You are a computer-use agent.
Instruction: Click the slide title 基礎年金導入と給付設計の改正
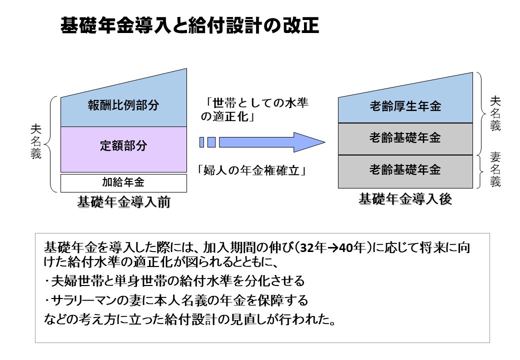(x=189, y=25)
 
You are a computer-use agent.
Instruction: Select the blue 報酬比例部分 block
(x=123, y=103)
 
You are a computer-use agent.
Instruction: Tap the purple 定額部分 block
(x=123, y=149)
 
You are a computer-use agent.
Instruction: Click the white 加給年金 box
(x=123, y=183)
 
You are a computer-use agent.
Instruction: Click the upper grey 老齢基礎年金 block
(x=405, y=139)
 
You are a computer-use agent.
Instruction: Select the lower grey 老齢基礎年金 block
(x=405, y=171)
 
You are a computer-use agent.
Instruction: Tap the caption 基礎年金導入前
(x=123, y=202)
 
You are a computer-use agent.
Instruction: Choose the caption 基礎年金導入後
(x=405, y=199)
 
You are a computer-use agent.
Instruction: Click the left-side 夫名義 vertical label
(x=36, y=141)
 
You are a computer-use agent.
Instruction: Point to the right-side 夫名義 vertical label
(x=495, y=113)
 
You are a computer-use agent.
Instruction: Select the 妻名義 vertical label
(x=495, y=169)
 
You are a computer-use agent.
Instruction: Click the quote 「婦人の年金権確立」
(x=251, y=170)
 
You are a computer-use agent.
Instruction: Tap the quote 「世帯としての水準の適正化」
(x=254, y=109)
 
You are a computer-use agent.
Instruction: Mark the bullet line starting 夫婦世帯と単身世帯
(x=174, y=281)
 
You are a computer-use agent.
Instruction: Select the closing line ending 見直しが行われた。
(x=190, y=319)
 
